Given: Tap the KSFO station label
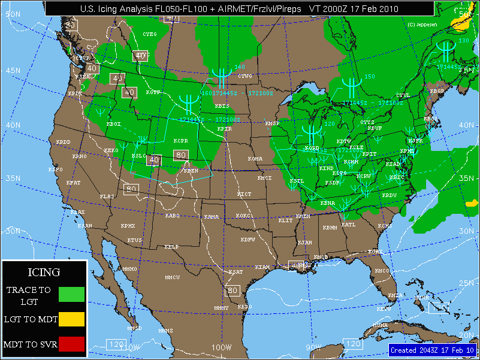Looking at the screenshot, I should click(55, 170).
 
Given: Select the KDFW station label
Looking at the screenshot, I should click(247, 240).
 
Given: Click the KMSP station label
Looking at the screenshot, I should click(273, 123).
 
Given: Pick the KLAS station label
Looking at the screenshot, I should click(107, 196).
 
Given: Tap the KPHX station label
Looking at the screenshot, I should click(128, 226).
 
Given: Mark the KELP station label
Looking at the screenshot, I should click(172, 247).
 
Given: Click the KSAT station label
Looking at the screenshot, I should click(236, 272).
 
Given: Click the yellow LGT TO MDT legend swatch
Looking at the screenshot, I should click(71, 319).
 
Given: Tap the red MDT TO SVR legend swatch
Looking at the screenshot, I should click(71, 344).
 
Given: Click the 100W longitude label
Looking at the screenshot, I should click(221, 347).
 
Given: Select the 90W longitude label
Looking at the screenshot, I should click(314, 347).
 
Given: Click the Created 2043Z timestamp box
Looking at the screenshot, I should click(433, 350).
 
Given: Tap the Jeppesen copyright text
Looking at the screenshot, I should click(422, 25).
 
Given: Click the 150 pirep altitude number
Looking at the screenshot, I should click(370, 77).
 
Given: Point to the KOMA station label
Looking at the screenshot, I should click(255, 159).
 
